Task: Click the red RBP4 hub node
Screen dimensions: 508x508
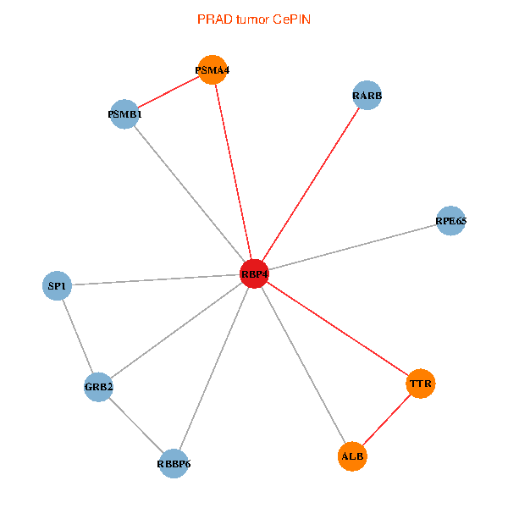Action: tap(255, 274)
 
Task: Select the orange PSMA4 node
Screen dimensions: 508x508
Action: tap(212, 69)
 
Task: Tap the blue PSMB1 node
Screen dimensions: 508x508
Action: tap(125, 114)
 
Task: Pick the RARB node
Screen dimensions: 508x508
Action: tap(367, 96)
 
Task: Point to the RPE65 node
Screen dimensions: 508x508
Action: tap(450, 221)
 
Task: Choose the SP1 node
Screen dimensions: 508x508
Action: tap(57, 286)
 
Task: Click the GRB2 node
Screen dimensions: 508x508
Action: tap(99, 387)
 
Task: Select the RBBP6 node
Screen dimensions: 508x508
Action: tap(174, 463)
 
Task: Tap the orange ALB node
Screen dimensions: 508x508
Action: tap(352, 456)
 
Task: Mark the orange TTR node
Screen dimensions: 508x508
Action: tap(421, 384)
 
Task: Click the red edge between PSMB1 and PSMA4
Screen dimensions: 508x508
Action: tap(168, 91)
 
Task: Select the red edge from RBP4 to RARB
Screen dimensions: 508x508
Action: tap(311, 185)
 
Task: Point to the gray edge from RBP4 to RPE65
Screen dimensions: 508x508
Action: tap(352, 247)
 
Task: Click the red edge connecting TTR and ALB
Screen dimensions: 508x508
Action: tap(387, 420)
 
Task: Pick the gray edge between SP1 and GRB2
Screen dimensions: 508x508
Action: tap(78, 336)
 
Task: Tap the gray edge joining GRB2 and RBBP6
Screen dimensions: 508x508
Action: tap(136, 425)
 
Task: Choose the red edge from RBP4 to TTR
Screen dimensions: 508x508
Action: tap(338, 329)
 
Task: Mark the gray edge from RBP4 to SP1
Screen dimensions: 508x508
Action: tap(156, 280)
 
